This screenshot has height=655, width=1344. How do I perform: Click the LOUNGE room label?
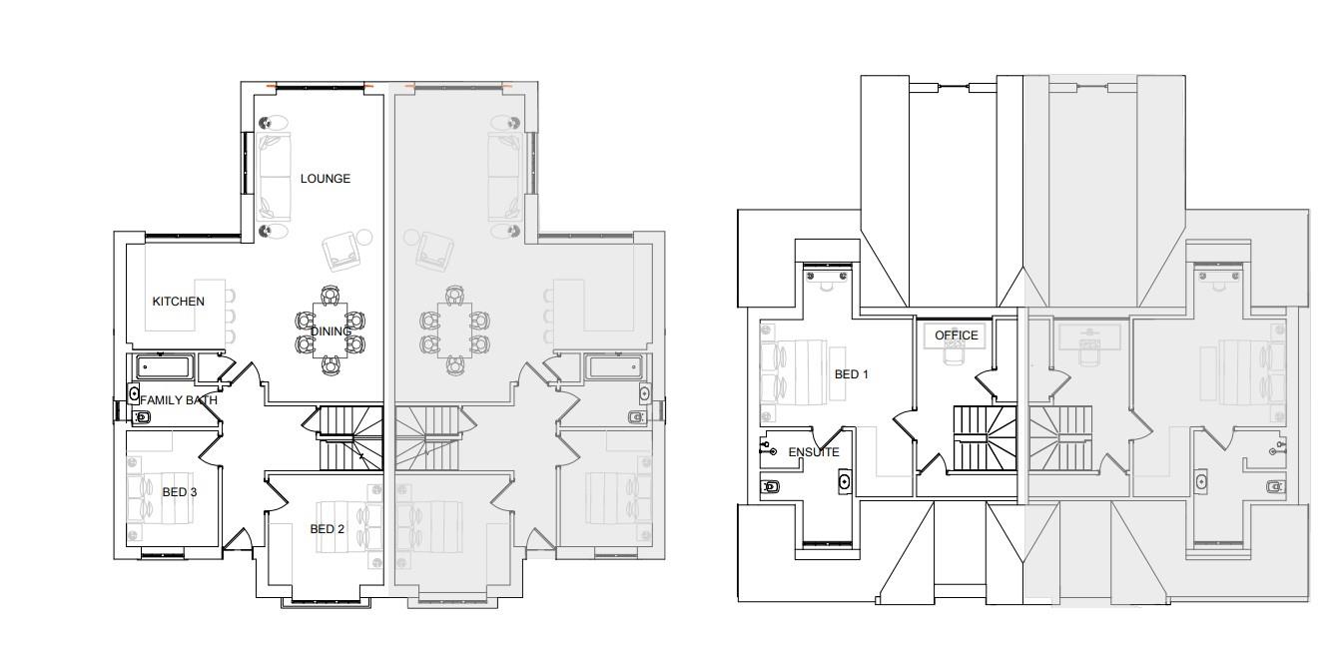point(326,179)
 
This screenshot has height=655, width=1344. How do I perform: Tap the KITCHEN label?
point(178,302)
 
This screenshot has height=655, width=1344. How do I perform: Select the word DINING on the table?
point(331,331)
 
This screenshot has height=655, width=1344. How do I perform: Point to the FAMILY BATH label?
point(179,400)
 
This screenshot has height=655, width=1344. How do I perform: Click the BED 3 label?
point(180,492)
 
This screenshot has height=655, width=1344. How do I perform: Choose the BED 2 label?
point(327,529)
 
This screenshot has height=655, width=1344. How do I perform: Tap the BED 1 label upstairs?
point(852,374)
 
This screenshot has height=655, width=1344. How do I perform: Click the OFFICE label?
point(957,335)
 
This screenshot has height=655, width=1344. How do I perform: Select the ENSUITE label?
point(814,452)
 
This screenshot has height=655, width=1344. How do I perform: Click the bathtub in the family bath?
point(165,367)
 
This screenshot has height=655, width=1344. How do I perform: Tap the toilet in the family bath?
point(141,417)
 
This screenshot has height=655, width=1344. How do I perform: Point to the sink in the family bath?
point(134,393)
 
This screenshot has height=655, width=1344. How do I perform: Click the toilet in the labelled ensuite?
point(770,486)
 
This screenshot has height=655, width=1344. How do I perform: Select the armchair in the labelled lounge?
point(340,252)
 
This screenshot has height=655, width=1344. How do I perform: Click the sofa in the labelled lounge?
point(275,177)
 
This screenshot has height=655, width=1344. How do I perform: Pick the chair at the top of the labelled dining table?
point(331,296)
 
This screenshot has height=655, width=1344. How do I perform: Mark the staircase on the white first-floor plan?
point(985,438)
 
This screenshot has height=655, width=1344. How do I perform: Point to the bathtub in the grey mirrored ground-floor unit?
point(616,367)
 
